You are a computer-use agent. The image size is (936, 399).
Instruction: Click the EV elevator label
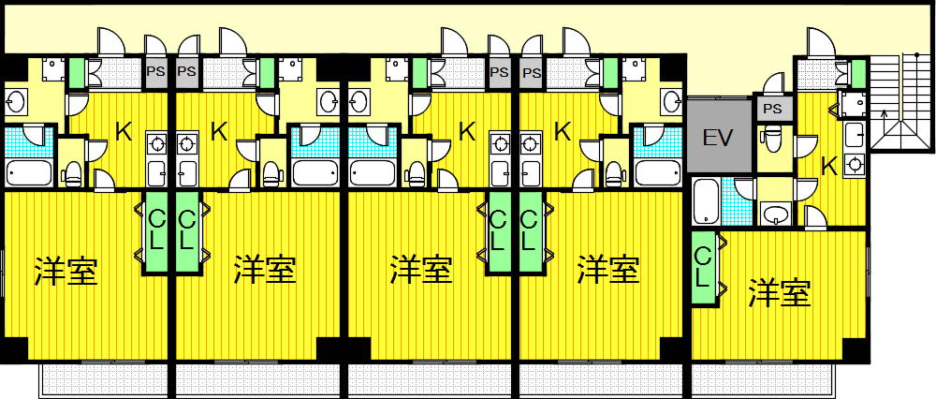717,138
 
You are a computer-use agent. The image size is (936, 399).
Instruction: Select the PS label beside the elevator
772,110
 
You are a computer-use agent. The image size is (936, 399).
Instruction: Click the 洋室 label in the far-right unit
780,293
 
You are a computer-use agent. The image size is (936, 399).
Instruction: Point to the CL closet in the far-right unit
704,267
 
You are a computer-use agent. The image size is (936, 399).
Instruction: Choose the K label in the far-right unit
829,167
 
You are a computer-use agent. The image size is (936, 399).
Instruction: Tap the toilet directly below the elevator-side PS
772,137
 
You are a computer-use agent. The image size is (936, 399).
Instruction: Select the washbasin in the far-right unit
776,214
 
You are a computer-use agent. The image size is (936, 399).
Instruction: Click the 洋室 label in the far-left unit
66,271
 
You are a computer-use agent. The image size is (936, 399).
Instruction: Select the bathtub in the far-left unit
29,172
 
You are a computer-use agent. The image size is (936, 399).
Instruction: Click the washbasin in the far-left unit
16,103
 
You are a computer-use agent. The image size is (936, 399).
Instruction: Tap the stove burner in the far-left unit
157,144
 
